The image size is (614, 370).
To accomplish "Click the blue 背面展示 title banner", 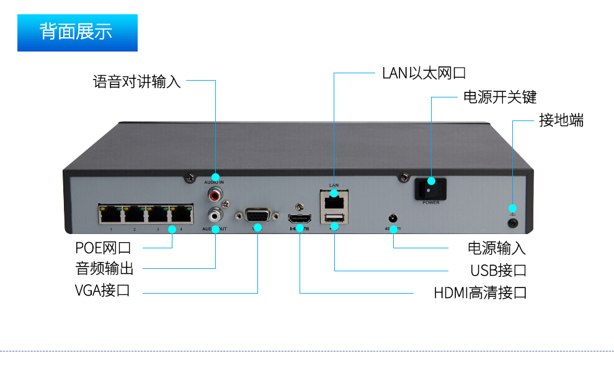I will tap(77, 32).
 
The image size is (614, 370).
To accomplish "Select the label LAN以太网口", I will tap(424, 73).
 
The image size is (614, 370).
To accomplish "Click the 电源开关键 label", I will tap(499, 97).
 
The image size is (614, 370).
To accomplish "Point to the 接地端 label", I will tap(561, 120).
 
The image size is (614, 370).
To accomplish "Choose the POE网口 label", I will tap(103, 248).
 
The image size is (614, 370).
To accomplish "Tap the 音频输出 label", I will tap(104, 269).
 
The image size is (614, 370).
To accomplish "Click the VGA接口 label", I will tap(102, 290).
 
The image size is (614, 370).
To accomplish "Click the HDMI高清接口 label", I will tap(480, 292).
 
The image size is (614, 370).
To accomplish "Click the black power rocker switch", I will tap(430, 188).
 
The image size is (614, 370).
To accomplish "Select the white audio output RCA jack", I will tap(215, 215).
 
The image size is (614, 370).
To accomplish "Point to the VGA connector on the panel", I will tap(257, 216).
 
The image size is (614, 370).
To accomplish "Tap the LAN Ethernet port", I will tap(334, 201).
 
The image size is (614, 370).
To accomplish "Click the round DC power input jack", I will tap(392, 219).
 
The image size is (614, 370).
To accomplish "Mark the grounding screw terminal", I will tap(512, 222).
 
